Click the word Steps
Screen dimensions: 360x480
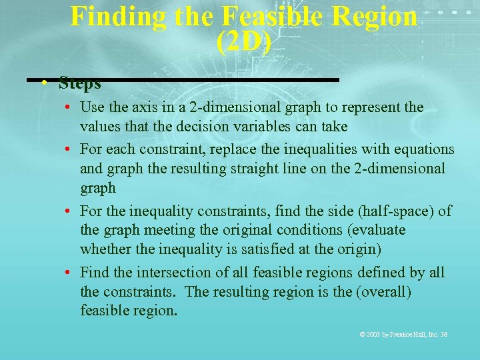[x=79, y=84]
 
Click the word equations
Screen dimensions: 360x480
[x=423, y=149]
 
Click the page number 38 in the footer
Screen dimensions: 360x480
[x=443, y=334]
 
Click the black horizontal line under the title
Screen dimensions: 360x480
[x=200, y=80]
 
